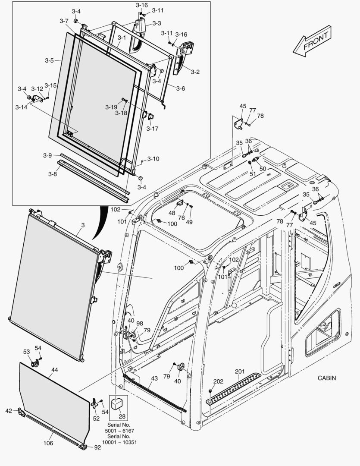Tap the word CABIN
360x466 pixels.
pyautogui.click(x=327, y=378)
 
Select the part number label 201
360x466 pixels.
pyautogui.click(x=240, y=372)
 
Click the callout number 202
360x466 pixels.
pyautogui.click(x=219, y=381)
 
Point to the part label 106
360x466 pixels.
pyautogui.click(x=48, y=443)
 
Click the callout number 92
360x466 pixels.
pyautogui.click(x=97, y=448)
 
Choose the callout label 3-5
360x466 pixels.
pyautogui.click(x=49, y=60)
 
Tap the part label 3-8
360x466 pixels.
pyautogui.click(x=52, y=174)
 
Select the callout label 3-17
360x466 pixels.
pyautogui.click(x=152, y=128)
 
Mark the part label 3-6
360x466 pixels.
pyautogui.click(x=180, y=88)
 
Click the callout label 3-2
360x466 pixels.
pyautogui.click(x=194, y=72)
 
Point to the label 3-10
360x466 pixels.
pyautogui.click(x=153, y=159)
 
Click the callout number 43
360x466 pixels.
pyautogui.click(x=154, y=379)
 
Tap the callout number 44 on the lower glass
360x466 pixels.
pyautogui.click(x=55, y=370)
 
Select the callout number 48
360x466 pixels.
pyautogui.click(x=172, y=213)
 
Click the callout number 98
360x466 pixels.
pyautogui.click(x=140, y=323)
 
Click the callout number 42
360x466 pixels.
pyautogui.click(x=9, y=411)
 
